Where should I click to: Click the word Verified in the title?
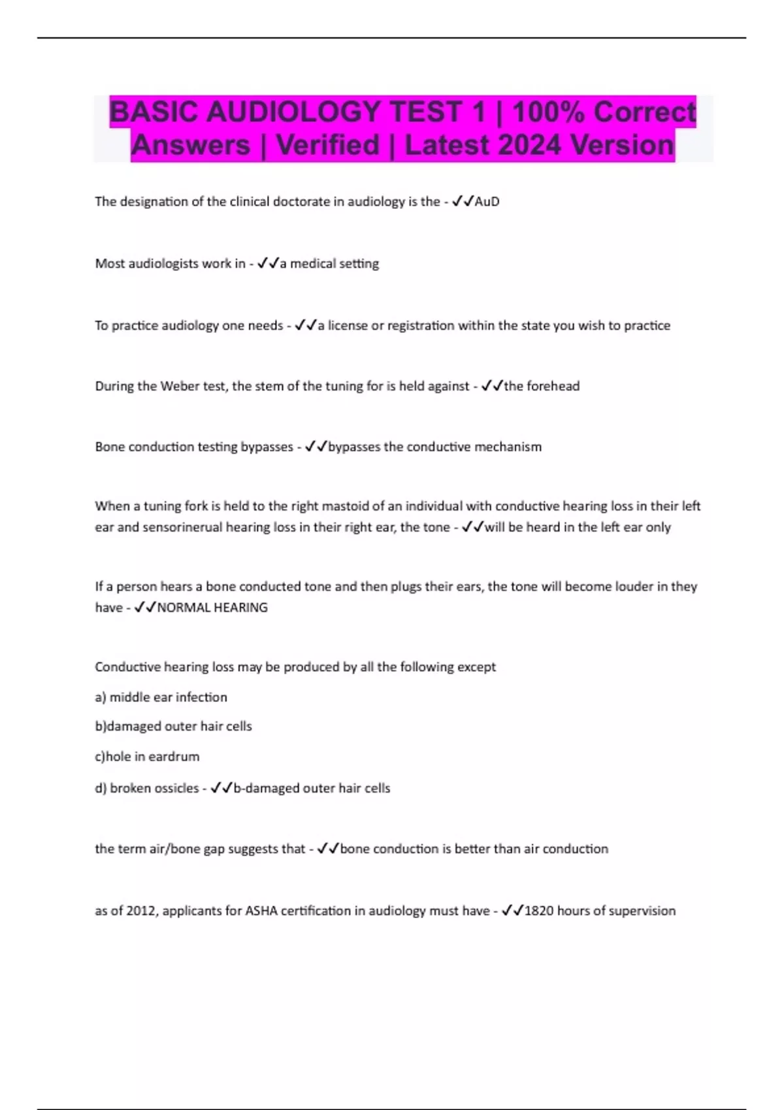pyautogui.click(x=327, y=145)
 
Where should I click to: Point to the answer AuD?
pyautogui.click(x=487, y=202)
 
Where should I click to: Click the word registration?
pyautogui.click(x=421, y=325)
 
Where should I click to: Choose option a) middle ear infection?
pyautogui.click(x=161, y=697)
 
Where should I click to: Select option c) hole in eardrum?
pyautogui.click(x=148, y=757)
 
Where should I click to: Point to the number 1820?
pyautogui.click(x=539, y=911)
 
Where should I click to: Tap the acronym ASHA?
pyautogui.click(x=261, y=911)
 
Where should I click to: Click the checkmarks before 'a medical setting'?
pyautogui.click(x=268, y=263)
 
